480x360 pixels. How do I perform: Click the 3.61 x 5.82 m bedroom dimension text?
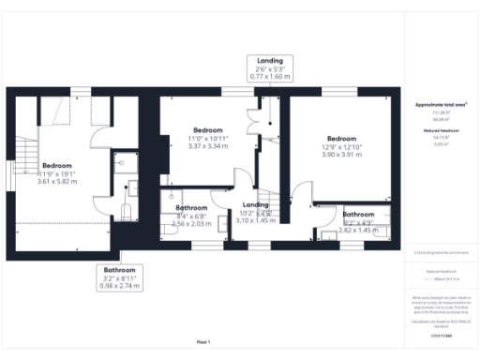click(55, 182)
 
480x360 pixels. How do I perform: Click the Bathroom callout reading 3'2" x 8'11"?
click(120, 278)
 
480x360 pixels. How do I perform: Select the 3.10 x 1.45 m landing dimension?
click(256, 220)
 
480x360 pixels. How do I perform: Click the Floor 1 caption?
click(204, 341)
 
